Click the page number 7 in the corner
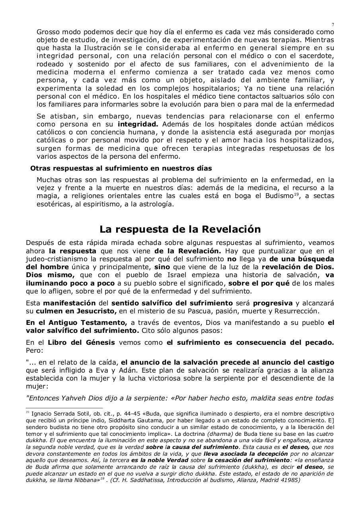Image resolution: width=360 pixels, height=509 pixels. tap(333, 25)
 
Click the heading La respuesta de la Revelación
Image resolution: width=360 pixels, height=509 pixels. tap(180, 229)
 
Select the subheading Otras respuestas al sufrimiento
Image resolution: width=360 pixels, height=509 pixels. tap(121, 168)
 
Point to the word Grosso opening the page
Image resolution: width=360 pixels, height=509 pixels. tap(47, 32)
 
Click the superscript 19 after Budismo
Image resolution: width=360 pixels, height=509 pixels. tap(296, 194)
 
